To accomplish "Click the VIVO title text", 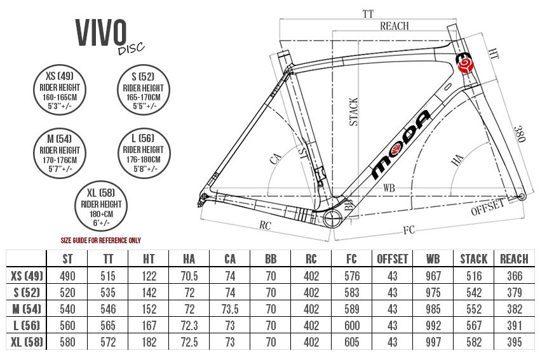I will [102, 32].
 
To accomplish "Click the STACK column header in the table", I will [474, 258].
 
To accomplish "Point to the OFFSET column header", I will [393, 258].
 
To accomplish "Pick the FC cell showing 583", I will [352, 293].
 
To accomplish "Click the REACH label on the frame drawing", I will [394, 26].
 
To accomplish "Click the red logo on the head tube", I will [466, 64].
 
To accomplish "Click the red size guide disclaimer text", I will [100, 241].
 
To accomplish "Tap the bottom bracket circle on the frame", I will [334, 220].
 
